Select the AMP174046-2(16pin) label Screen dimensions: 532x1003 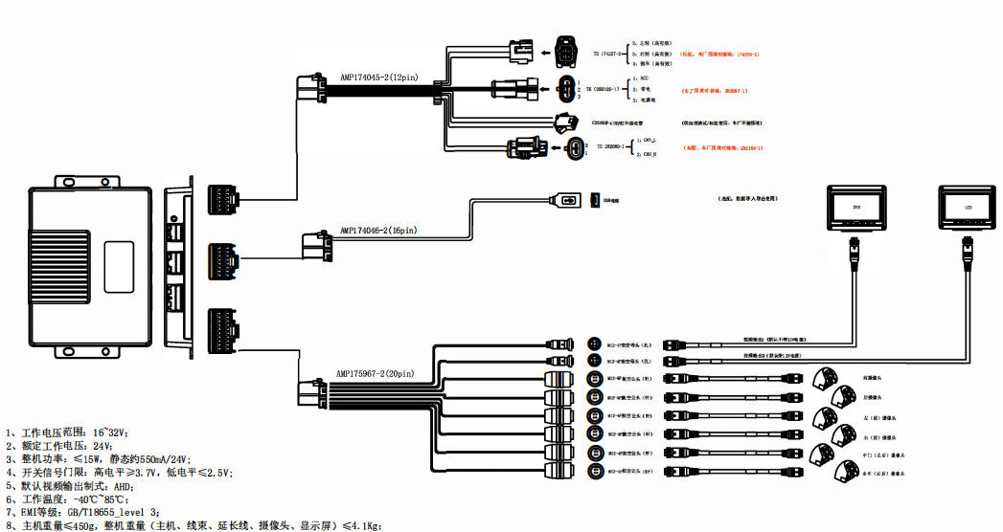[x=378, y=231]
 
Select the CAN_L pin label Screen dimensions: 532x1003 [x=649, y=140]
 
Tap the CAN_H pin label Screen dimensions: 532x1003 [x=649, y=153]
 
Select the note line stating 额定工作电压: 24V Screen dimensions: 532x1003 [x=58, y=446]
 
